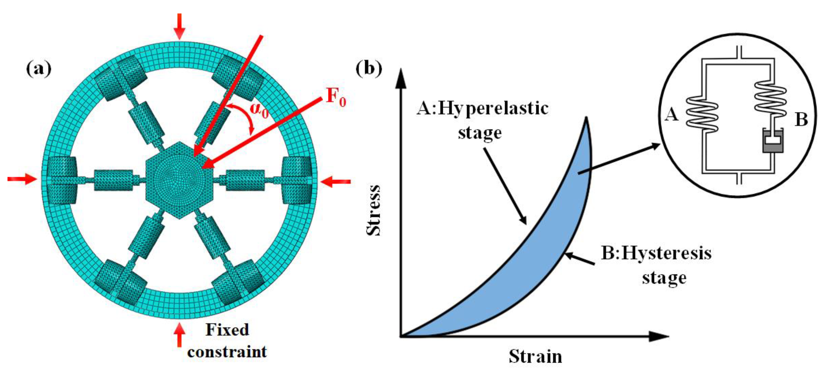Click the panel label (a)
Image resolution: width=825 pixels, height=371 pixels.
(39, 69)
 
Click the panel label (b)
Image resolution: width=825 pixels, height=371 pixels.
(369, 69)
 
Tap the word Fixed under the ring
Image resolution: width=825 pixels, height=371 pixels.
(227, 330)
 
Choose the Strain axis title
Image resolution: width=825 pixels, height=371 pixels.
(535, 356)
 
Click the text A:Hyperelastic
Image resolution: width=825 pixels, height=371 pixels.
(482, 108)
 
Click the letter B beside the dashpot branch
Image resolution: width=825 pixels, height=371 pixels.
(801, 120)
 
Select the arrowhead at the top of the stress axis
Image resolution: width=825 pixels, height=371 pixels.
(401, 79)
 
